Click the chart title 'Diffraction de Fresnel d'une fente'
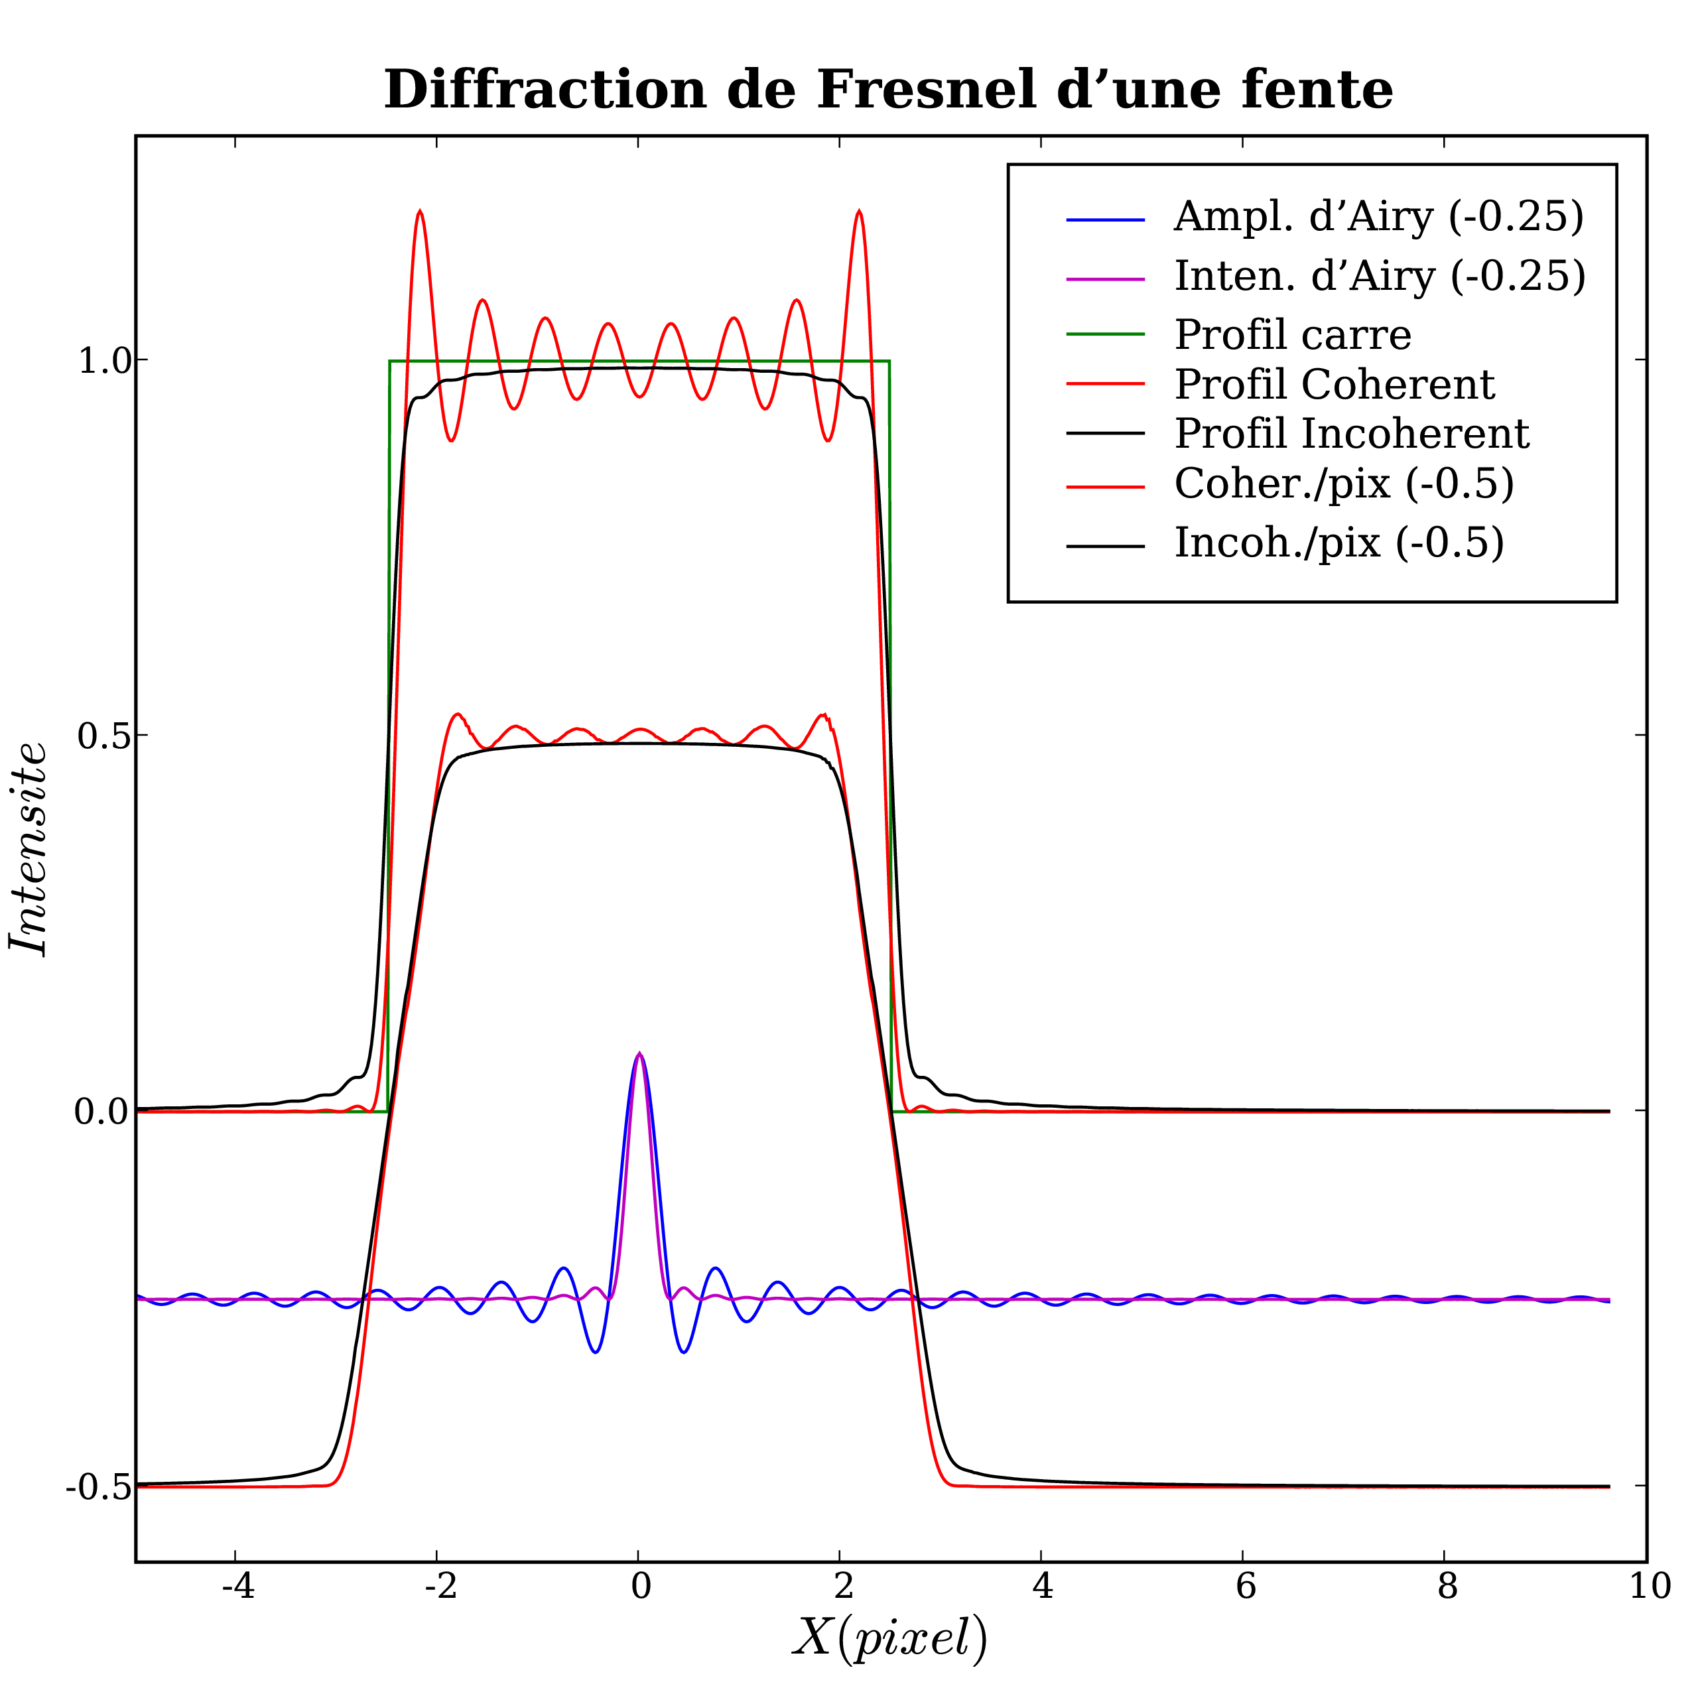point(887,90)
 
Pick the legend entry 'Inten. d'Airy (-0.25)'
point(1380,277)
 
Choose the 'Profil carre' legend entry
point(1293,335)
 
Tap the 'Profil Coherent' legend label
point(1334,384)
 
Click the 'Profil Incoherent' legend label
point(1352,434)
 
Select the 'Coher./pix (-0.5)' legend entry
point(1344,484)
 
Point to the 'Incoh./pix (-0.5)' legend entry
point(1339,544)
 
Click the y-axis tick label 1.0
point(103,361)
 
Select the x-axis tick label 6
point(1243,1587)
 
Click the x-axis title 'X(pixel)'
point(889,1638)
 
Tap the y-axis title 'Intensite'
point(29,849)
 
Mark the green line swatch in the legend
point(1105,334)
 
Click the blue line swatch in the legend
point(1105,219)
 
